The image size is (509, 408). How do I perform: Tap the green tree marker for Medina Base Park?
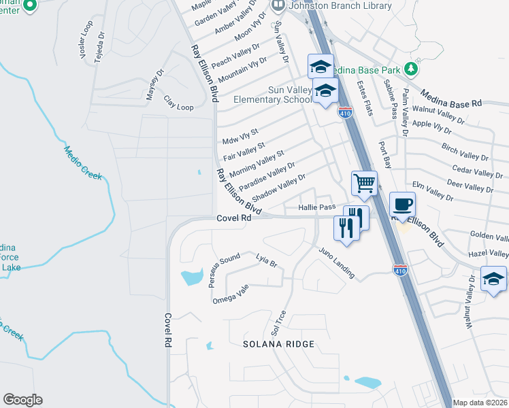tap(410, 69)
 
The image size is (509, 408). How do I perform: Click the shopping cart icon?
tap(364, 182)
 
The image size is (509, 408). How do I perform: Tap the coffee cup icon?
tap(402, 204)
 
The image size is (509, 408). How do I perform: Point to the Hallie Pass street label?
tap(317, 207)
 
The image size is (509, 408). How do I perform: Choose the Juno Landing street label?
tap(337, 262)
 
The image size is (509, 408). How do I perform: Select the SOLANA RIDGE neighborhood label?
tap(279, 344)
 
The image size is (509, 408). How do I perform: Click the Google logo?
tap(22, 400)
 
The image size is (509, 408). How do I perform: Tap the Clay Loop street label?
tap(178, 103)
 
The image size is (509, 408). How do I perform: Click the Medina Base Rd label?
tap(450, 98)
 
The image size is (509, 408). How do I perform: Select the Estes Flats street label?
tap(365, 98)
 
